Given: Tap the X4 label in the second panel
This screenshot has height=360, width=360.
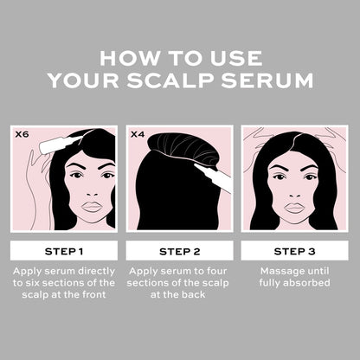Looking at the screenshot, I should click(x=138, y=135).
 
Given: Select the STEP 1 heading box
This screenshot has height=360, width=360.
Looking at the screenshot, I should click(x=63, y=252).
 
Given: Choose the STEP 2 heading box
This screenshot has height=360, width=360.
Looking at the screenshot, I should click(x=179, y=252).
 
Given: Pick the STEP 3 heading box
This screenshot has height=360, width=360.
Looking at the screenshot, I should click(x=294, y=252).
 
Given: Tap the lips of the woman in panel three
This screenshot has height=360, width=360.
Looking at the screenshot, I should click(x=294, y=207).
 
